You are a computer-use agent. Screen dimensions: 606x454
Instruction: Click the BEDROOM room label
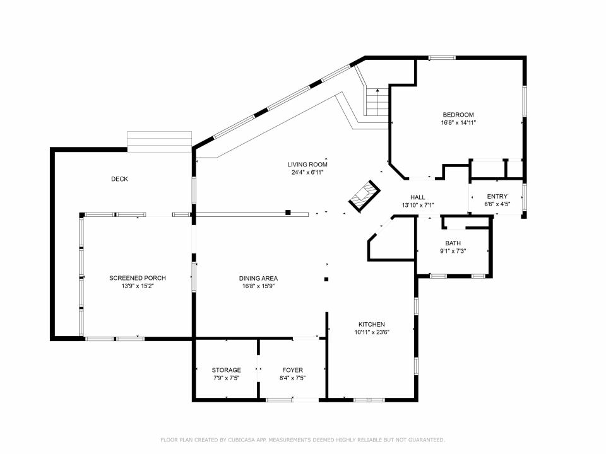click(x=458, y=115)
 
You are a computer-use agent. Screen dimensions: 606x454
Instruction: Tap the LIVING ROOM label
click(x=307, y=165)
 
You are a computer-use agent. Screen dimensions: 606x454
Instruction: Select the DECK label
click(x=119, y=179)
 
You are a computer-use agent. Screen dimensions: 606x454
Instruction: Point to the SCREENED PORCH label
click(x=138, y=278)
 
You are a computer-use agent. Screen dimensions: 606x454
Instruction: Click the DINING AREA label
click(x=258, y=278)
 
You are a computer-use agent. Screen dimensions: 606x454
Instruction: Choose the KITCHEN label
click(x=372, y=325)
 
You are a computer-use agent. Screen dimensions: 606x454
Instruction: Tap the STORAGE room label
click(x=226, y=370)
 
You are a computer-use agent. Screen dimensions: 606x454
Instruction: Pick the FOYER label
click(x=292, y=370)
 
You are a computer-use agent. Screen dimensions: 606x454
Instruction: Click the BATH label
click(x=453, y=243)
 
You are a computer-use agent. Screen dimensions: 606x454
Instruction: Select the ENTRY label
click(x=497, y=197)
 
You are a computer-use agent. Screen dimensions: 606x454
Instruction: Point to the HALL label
click(x=418, y=197)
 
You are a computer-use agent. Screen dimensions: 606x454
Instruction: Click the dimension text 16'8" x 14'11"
click(x=458, y=123)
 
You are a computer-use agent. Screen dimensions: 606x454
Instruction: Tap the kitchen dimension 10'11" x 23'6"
click(x=372, y=332)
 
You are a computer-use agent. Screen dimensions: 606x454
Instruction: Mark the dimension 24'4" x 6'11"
click(x=307, y=173)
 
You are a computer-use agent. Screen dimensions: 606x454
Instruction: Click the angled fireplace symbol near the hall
click(x=364, y=195)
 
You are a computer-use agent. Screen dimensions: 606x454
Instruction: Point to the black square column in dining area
click(x=326, y=279)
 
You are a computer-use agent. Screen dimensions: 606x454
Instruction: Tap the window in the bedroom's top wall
click(x=442, y=58)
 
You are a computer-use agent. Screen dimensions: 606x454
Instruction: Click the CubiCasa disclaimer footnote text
click(x=302, y=439)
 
